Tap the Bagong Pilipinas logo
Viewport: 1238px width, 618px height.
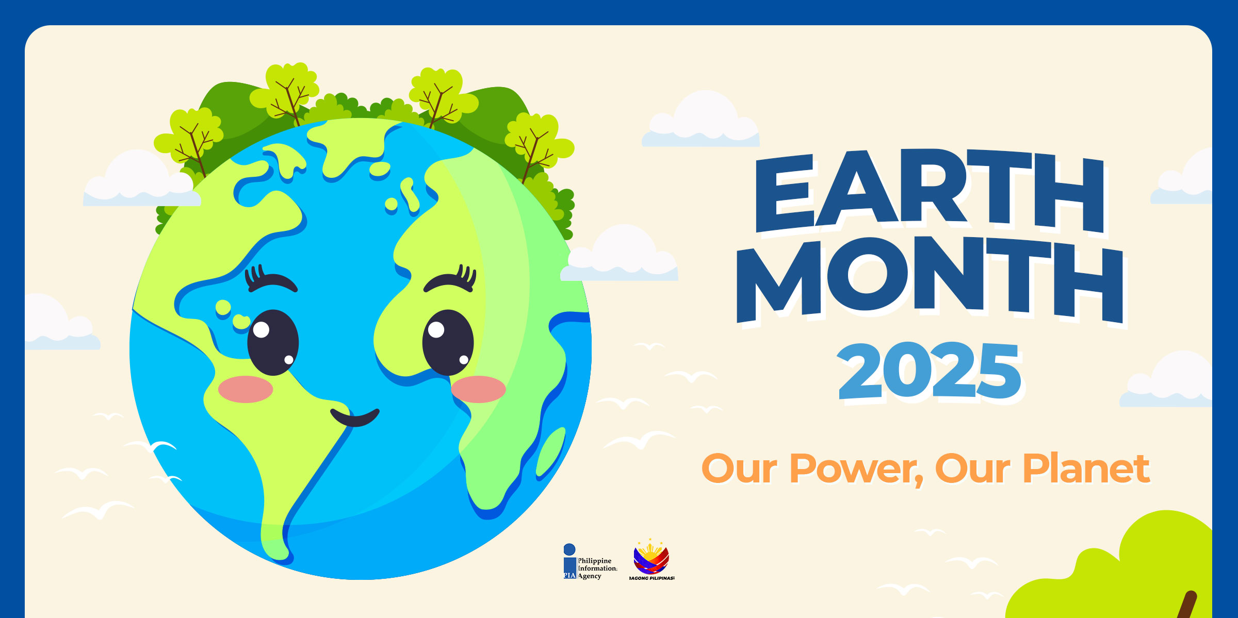651,560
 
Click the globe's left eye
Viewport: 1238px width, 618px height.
273,342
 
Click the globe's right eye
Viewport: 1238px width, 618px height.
448,342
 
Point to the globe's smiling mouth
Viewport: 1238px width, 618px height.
355,418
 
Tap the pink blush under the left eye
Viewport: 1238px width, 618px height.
246,389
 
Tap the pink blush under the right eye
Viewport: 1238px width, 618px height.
479,389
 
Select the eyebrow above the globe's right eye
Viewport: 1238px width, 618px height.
450,279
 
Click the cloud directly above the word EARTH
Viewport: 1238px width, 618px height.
701,122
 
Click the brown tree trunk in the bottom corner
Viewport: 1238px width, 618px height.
1187,605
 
